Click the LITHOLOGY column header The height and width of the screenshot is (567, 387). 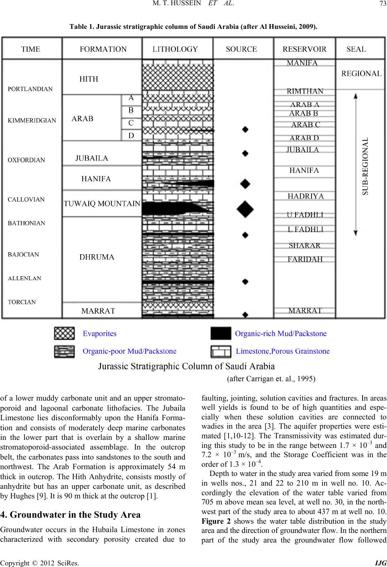pyautogui.click(x=175, y=49)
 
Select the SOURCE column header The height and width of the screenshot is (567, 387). pyautogui.click(x=241, y=49)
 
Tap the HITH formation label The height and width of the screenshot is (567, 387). pyautogui.click(x=89, y=79)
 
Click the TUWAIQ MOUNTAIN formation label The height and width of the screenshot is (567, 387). pyautogui.click(x=102, y=203)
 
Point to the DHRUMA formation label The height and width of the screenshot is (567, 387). pyautogui.click(x=97, y=257)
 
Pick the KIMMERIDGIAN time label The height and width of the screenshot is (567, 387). pyautogui.click(x=32, y=120)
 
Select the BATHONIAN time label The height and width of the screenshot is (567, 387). pyautogui.click(x=27, y=223)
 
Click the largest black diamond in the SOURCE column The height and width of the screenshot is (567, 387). pyautogui.click(x=245, y=207)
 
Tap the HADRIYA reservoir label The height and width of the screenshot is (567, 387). pyautogui.click(x=306, y=196)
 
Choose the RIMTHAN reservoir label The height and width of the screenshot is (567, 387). pyautogui.click(x=305, y=91)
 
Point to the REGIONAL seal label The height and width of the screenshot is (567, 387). pyautogui.click(x=361, y=74)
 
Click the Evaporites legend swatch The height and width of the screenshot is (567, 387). pyautogui.click(x=65, y=333)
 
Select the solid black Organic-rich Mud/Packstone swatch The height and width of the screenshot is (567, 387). pyautogui.click(x=221, y=333)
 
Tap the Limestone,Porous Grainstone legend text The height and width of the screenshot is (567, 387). pyautogui.click(x=283, y=351)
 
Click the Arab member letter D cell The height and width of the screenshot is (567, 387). pyautogui.click(x=131, y=136)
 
